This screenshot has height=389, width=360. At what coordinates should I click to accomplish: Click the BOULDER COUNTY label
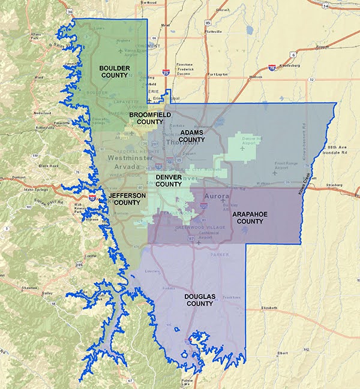(x=115, y=72)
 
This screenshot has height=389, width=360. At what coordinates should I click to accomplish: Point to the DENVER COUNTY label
(x=169, y=181)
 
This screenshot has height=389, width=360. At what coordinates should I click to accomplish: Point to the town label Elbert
(x=283, y=353)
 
